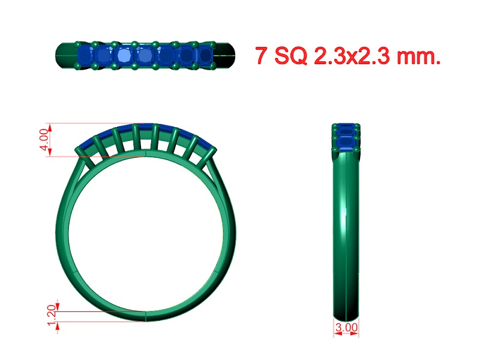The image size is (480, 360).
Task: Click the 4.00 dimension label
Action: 44,140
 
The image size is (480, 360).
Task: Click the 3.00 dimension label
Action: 347,328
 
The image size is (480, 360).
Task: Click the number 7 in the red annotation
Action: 261,55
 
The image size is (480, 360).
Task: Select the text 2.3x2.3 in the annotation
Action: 352,56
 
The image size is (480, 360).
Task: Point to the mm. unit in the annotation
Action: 419,57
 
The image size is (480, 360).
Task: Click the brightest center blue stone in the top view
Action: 124,56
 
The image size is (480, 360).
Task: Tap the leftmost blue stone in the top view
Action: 85,55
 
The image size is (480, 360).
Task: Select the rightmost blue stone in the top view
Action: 206,55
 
